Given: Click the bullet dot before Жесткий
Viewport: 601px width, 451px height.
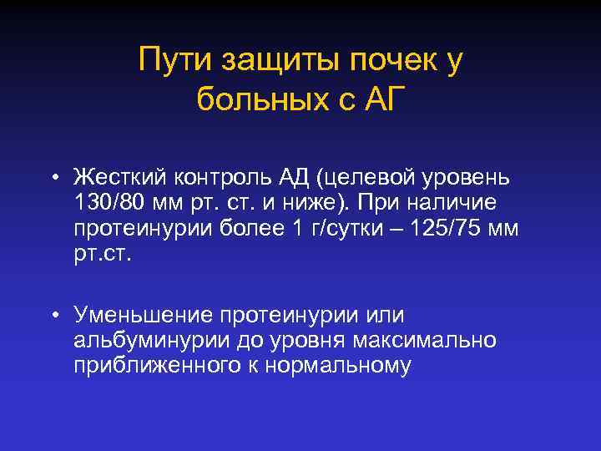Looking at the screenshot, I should click(53, 178).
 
